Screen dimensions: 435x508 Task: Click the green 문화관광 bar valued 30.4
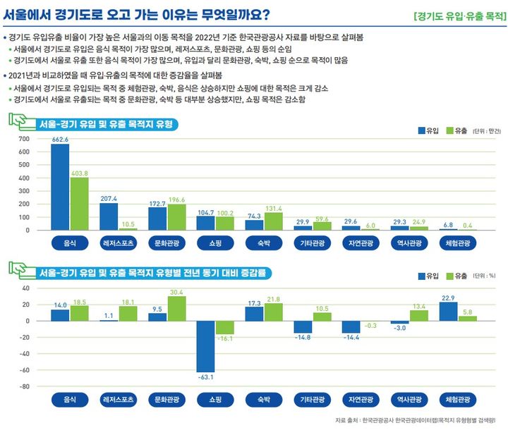(176, 308)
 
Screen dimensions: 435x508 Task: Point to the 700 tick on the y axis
(24, 139)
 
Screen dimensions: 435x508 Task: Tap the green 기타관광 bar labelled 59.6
(321, 226)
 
